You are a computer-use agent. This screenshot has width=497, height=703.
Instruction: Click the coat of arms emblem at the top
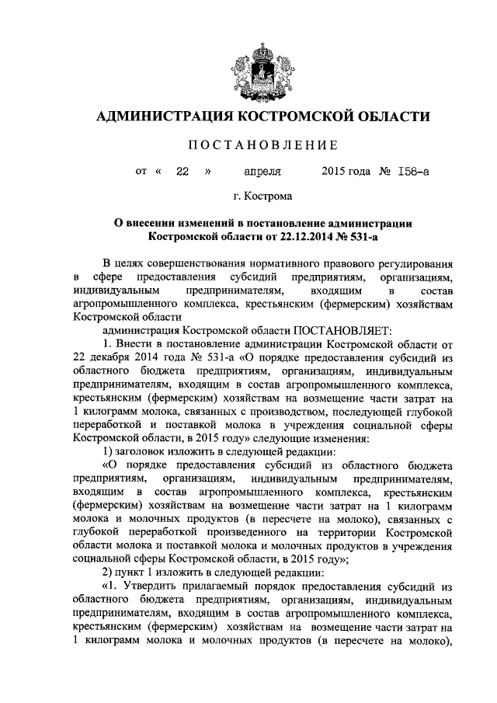click(248, 70)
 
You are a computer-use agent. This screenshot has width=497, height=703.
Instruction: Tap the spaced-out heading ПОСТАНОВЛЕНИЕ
click(248, 144)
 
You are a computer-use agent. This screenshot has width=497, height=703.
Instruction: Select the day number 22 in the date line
click(182, 172)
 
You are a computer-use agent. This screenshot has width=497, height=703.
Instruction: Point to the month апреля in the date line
click(262, 172)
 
